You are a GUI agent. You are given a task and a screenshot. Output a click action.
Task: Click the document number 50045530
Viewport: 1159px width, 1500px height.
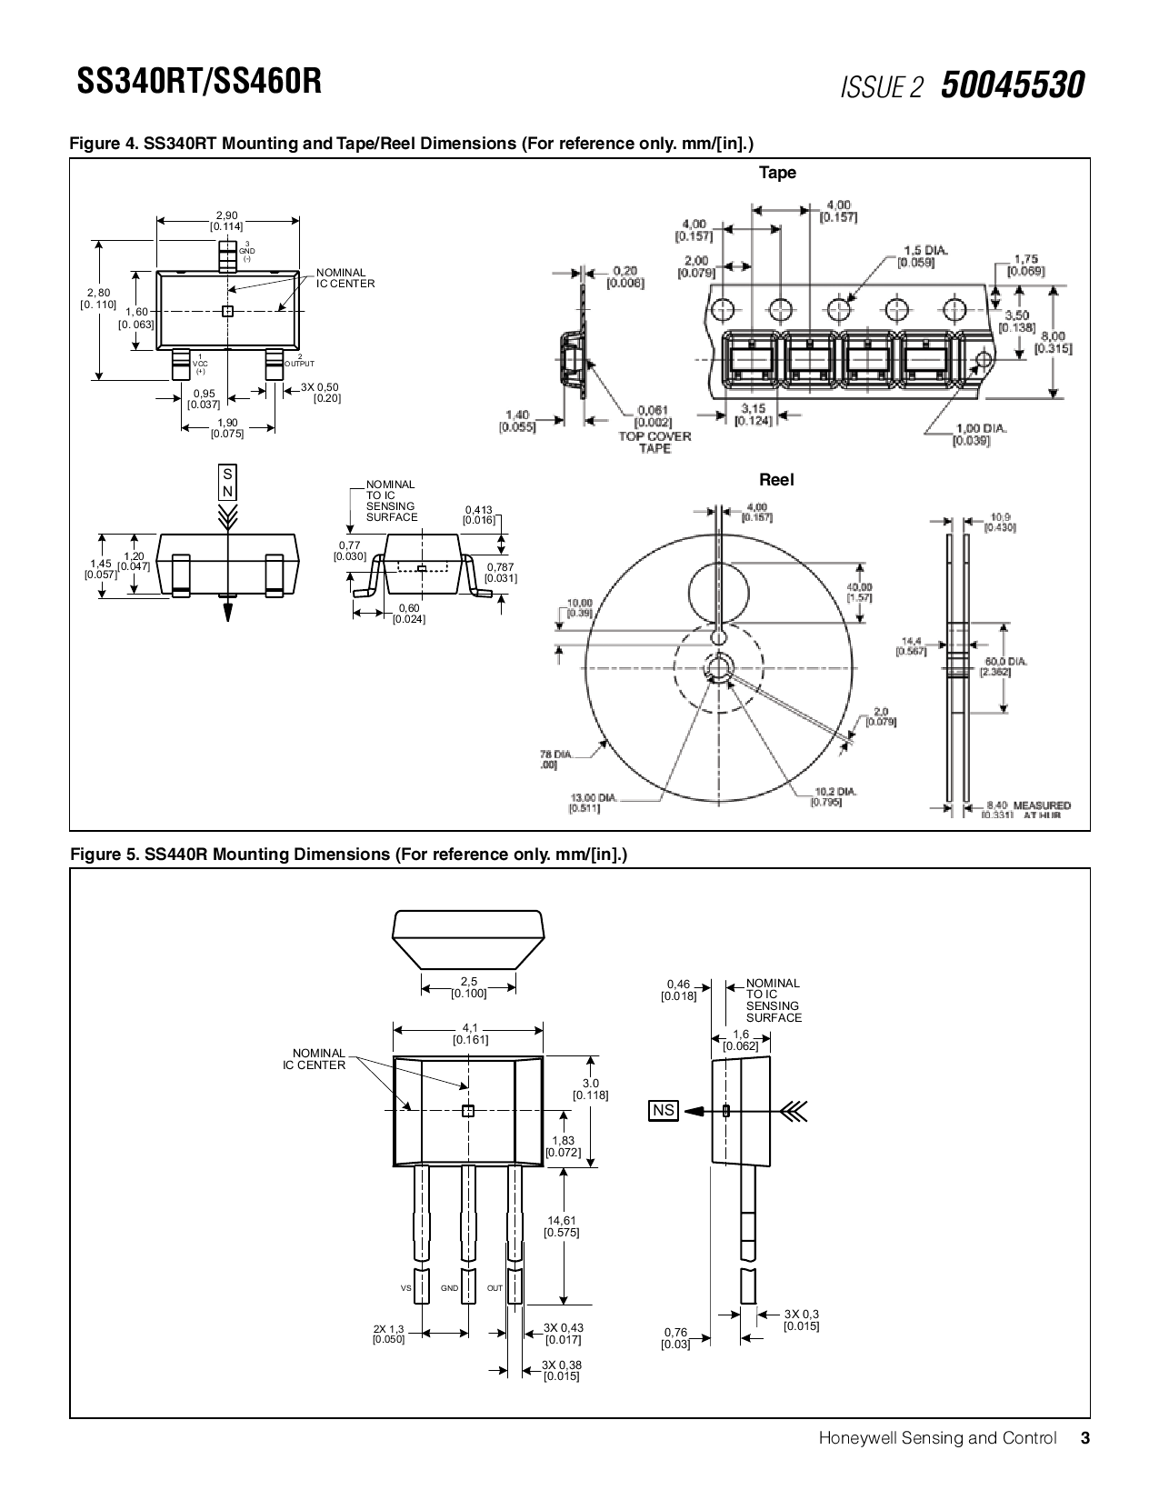pyautogui.click(x=1012, y=86)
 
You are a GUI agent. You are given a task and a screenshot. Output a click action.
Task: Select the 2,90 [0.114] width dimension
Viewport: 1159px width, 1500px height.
pyautogui.click(x=226, y=220)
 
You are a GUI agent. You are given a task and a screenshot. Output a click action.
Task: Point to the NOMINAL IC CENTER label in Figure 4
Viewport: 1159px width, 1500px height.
pyautogui.click(x=345, y=278)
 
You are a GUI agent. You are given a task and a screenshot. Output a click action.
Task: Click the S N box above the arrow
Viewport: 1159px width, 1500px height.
pyautogui.click(x=227, y=483)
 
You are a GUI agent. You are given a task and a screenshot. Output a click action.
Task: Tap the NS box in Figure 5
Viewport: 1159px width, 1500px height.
pyautogui.click(x=664, y=1110)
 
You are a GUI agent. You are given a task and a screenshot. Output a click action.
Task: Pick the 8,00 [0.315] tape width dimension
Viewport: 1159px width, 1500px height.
pyautogui.click(x=1054, y=343)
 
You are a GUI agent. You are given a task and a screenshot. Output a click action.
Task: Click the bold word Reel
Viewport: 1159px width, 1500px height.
pyautogui.click(x=776, y=480)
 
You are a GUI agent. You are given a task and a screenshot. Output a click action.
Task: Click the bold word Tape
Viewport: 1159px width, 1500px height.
pyautogui.click(x=777, y=173)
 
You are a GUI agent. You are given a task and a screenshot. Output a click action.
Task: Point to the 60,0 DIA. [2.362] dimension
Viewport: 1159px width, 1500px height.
pyautogui.click(x=1004, y=666)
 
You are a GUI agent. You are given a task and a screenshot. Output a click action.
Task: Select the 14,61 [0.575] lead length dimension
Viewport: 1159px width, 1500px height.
pyautogui.click(x=562, y=1226)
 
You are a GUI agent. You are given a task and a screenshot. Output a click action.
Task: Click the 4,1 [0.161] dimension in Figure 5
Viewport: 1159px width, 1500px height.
pyautogui.click(x=470, y=1034)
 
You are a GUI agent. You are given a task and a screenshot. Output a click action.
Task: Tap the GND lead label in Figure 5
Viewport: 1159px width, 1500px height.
pyautogui.click(x=449, y=1288)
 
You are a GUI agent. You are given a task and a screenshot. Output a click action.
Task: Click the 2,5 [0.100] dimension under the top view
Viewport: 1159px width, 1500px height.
pyautogui.click(x=469, y=987)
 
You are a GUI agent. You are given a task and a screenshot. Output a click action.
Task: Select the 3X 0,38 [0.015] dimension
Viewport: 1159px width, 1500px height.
pyautogui.click(x=561, y=1370)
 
